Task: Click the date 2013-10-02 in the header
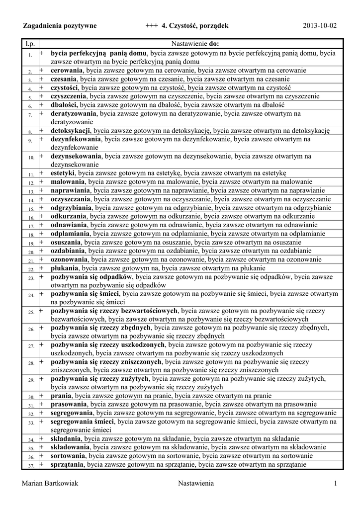(320, 25)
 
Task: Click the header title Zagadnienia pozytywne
(60, 25)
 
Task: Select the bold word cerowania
(67, 71)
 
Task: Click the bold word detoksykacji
(71, 131)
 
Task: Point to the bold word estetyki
(63, 173)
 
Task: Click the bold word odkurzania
(69, 216)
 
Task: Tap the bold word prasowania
(69, 405)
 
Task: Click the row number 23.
(30, 278)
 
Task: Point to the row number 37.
(30, 466)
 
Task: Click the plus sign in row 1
(42, 52)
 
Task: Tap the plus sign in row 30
(42, 396)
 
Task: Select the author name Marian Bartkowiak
(51, 484)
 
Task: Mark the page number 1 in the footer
(336, 484)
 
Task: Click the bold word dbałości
(65, 105)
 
